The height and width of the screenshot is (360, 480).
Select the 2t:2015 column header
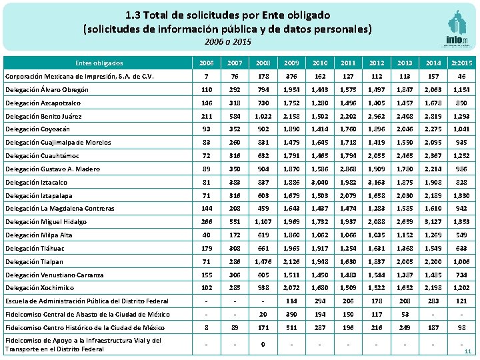pyautogui.click(x=462, y=62)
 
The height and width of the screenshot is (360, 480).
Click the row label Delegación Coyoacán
pyautogui.click(x=37, y=129)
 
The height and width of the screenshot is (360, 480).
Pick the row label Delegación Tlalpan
pyautogui.click(x=34, y=261)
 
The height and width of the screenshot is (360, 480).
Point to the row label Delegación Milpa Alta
pyautogui.click(x=39, y=235)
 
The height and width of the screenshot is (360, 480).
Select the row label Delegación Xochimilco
pyautogui.click(x=39, y=288)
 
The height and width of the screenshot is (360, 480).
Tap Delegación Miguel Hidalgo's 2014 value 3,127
pyautogui.click(x=433, y=222)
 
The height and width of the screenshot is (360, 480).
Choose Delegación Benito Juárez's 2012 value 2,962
pyautogui.click(x=377, y=116)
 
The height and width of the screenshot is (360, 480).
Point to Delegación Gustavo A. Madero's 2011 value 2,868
pyautogui.click(x=349, y=169)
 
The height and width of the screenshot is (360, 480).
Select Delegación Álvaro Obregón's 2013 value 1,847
pyautogui.click(x=405, y=89)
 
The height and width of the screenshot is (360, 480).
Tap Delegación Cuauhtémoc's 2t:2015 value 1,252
pyautogui.click(x=461, y=156)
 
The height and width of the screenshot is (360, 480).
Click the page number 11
pyautogui.click(x=467, y=352)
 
